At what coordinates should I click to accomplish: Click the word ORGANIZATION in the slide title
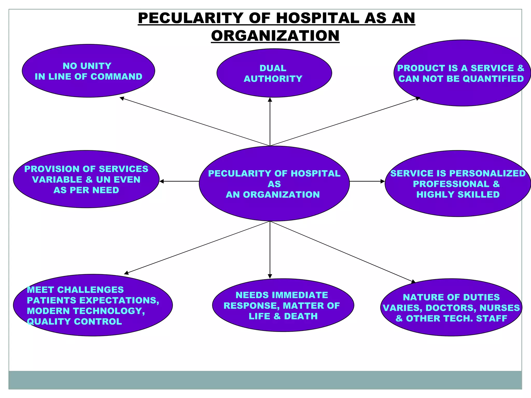275,36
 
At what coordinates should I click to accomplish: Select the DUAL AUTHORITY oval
274,73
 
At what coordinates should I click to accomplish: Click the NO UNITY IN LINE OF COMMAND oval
88,71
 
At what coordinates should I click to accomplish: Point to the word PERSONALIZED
487,173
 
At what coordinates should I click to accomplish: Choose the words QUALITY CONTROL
74,322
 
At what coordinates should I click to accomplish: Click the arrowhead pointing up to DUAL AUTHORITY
270,100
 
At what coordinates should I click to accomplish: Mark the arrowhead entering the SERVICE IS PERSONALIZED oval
383,181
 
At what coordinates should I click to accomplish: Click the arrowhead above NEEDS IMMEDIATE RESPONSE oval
270,276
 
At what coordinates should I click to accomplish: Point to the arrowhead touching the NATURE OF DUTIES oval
414,282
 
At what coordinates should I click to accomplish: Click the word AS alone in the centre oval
274,184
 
